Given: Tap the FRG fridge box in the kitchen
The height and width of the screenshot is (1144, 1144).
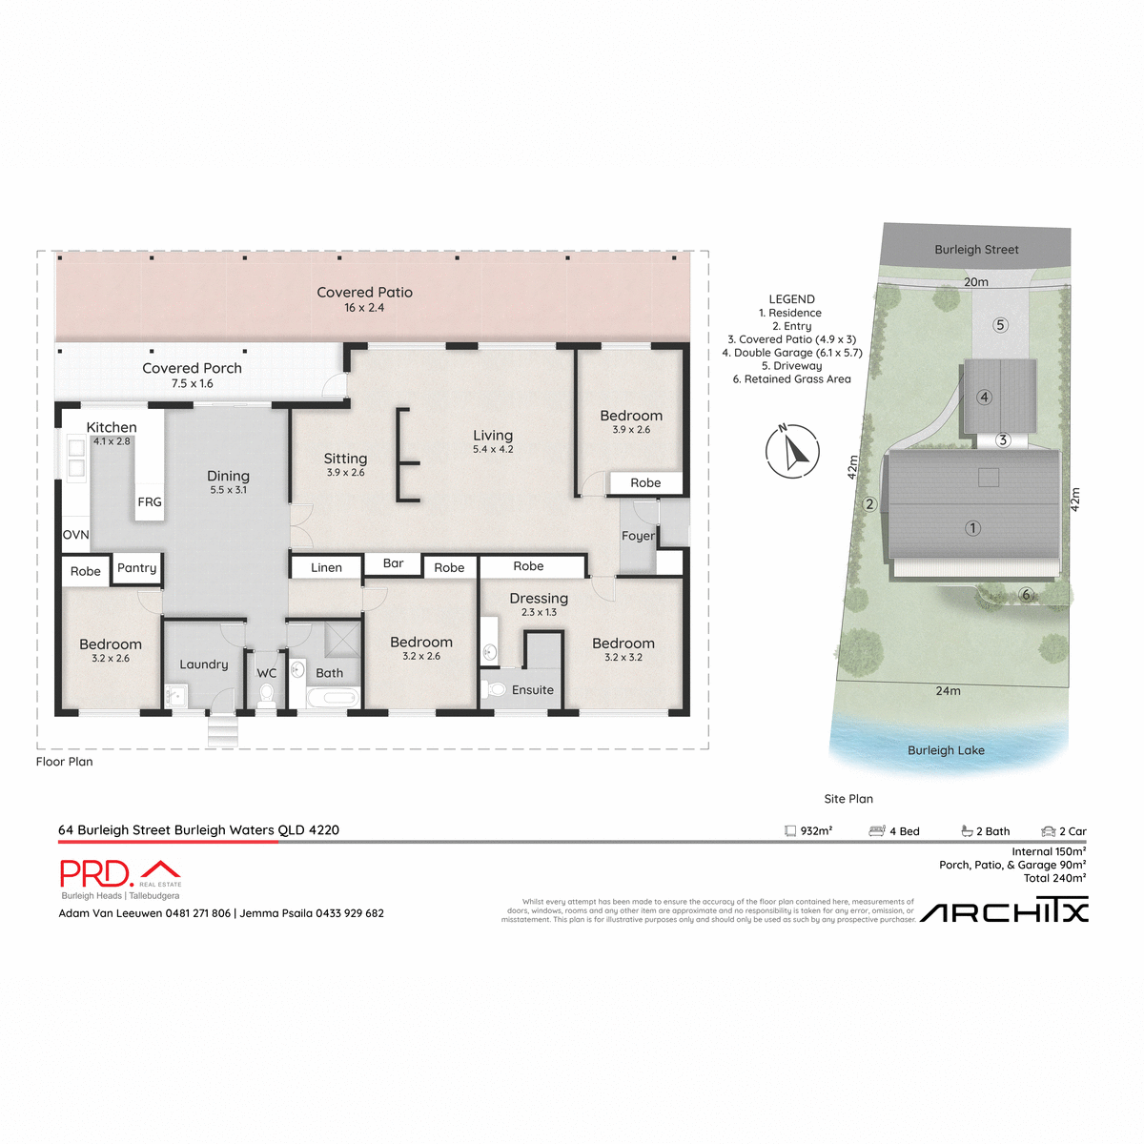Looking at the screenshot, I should point(150,501).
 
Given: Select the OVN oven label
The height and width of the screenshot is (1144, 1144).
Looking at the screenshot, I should point(75,535).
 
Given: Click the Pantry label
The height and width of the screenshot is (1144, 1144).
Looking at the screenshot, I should point(136,568).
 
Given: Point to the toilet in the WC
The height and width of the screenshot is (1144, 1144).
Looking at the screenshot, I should point(266,694).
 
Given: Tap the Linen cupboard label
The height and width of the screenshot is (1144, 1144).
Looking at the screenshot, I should point(326,567).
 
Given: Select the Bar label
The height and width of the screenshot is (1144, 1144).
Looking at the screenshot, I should point(393,563).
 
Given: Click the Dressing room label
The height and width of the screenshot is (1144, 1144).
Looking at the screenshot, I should point(539,599).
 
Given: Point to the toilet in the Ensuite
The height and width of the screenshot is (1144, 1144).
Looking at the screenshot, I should point(496,688).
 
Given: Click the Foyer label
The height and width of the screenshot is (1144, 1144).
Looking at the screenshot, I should point(638,536).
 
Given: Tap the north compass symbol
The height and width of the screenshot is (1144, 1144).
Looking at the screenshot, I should point(792,450).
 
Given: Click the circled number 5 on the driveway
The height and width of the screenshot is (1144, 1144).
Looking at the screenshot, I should point(1000,325).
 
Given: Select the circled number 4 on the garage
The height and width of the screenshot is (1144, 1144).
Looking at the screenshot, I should point(984,398).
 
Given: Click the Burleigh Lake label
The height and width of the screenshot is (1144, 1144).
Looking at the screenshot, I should point(946,750).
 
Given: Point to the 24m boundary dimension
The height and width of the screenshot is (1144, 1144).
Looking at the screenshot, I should point(948,691).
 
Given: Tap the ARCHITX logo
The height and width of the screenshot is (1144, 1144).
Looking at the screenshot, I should point(1004,912).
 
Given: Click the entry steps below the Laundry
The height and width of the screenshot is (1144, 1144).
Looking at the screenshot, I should point(222,732).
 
